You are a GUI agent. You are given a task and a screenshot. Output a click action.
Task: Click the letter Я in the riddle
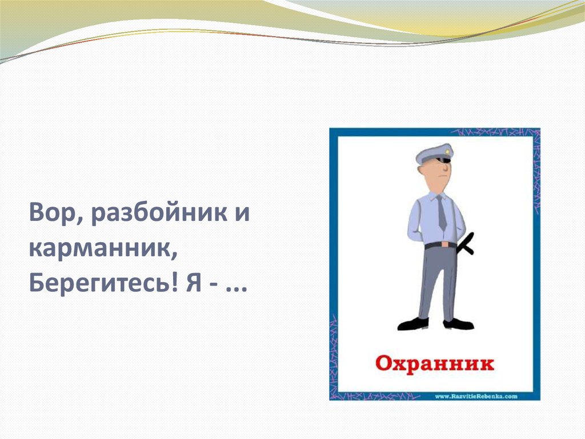(x=194, y=284)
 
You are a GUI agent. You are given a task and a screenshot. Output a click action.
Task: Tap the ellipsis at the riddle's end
(x=237, y=290)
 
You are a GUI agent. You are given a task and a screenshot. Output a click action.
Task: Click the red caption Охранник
(x=434, y=363)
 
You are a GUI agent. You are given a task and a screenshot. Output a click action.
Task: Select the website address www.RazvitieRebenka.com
(x=476, y=397)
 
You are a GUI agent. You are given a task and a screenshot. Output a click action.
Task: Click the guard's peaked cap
(x=434, y=154)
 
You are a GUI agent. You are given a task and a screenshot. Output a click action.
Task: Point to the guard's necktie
(x=442, y=212)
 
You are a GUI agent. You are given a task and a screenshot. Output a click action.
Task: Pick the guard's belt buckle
(x=444, y=244)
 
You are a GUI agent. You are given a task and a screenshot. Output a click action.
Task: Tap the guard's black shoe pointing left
(x=414, y=324)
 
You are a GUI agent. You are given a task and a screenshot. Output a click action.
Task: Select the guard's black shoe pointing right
(x=459, y=323)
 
